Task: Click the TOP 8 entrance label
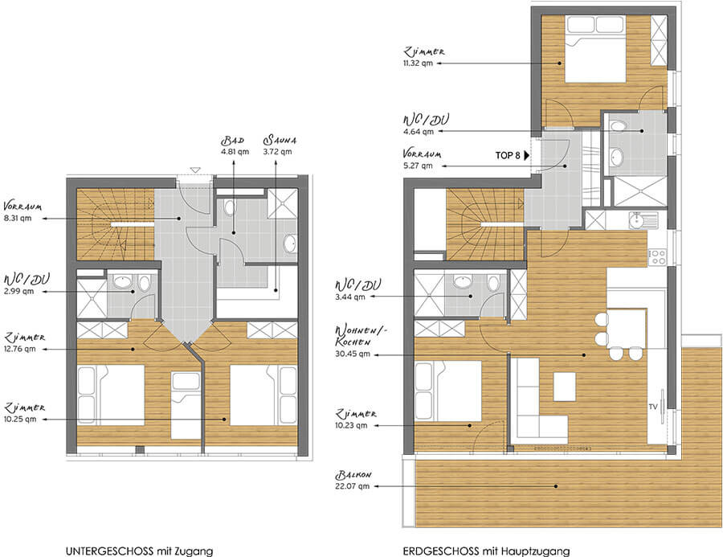click(x=508, y=155)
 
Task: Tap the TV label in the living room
click(x=652, y=407)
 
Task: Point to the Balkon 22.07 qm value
click(x=353, y=486)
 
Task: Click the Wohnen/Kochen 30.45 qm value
click(x=353, y=354)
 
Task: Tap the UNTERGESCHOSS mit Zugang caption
click(x=139, y=551)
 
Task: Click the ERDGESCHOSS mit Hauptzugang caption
click(x=486, y=551)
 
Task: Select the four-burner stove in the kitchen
click(x=657, y=257)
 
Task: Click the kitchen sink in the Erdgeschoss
click(x=643, y=219)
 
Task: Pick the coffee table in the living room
click(x=564, y=387)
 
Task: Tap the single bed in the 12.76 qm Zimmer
click(x=186, y=405)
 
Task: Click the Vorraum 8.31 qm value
click(x=18, y=218)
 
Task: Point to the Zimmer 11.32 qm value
click(x=418, y=63)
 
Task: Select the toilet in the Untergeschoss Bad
click(x=230, y=207)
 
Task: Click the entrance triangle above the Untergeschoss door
click(x=195, y=170)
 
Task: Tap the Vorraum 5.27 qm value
click(x=418, y=166)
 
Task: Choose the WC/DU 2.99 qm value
click(x=19, y=291)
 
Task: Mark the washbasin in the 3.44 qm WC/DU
click(x=463, y=281)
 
